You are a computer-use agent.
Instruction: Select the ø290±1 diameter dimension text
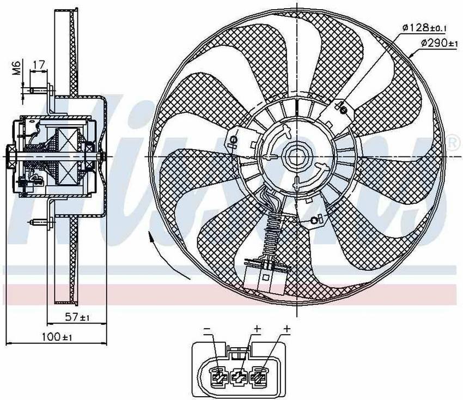[x=440, y=43]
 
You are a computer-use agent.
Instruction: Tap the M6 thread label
[x=17, y=68]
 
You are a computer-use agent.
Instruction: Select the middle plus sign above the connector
[x=256, y=329]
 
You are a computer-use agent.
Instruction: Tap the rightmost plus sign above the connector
[x=287, y=329]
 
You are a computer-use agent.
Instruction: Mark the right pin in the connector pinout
[x=258, y=376]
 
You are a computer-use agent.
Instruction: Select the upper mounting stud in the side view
[x=39, y=89]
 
